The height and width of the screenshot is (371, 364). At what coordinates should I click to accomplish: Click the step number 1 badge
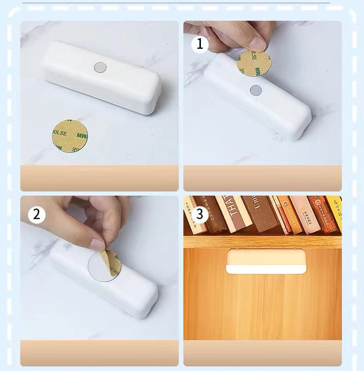click(x=200, y=44)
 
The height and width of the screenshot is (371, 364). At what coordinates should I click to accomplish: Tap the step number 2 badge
click(x=37, y=214)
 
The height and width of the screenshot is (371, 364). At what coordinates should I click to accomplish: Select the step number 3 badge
click(x=200, y=214)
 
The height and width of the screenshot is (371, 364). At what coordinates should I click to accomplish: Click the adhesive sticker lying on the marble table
click(x=70, y=136)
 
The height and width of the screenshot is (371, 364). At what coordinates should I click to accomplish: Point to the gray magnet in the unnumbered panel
click(x=100, y=67)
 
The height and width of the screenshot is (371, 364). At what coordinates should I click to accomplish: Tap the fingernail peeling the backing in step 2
click(x=98, y=244)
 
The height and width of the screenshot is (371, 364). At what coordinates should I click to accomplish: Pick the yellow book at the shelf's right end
click(x=334, y=212)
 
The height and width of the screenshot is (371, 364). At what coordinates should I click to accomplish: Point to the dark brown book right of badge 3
click(x=213, y=214)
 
